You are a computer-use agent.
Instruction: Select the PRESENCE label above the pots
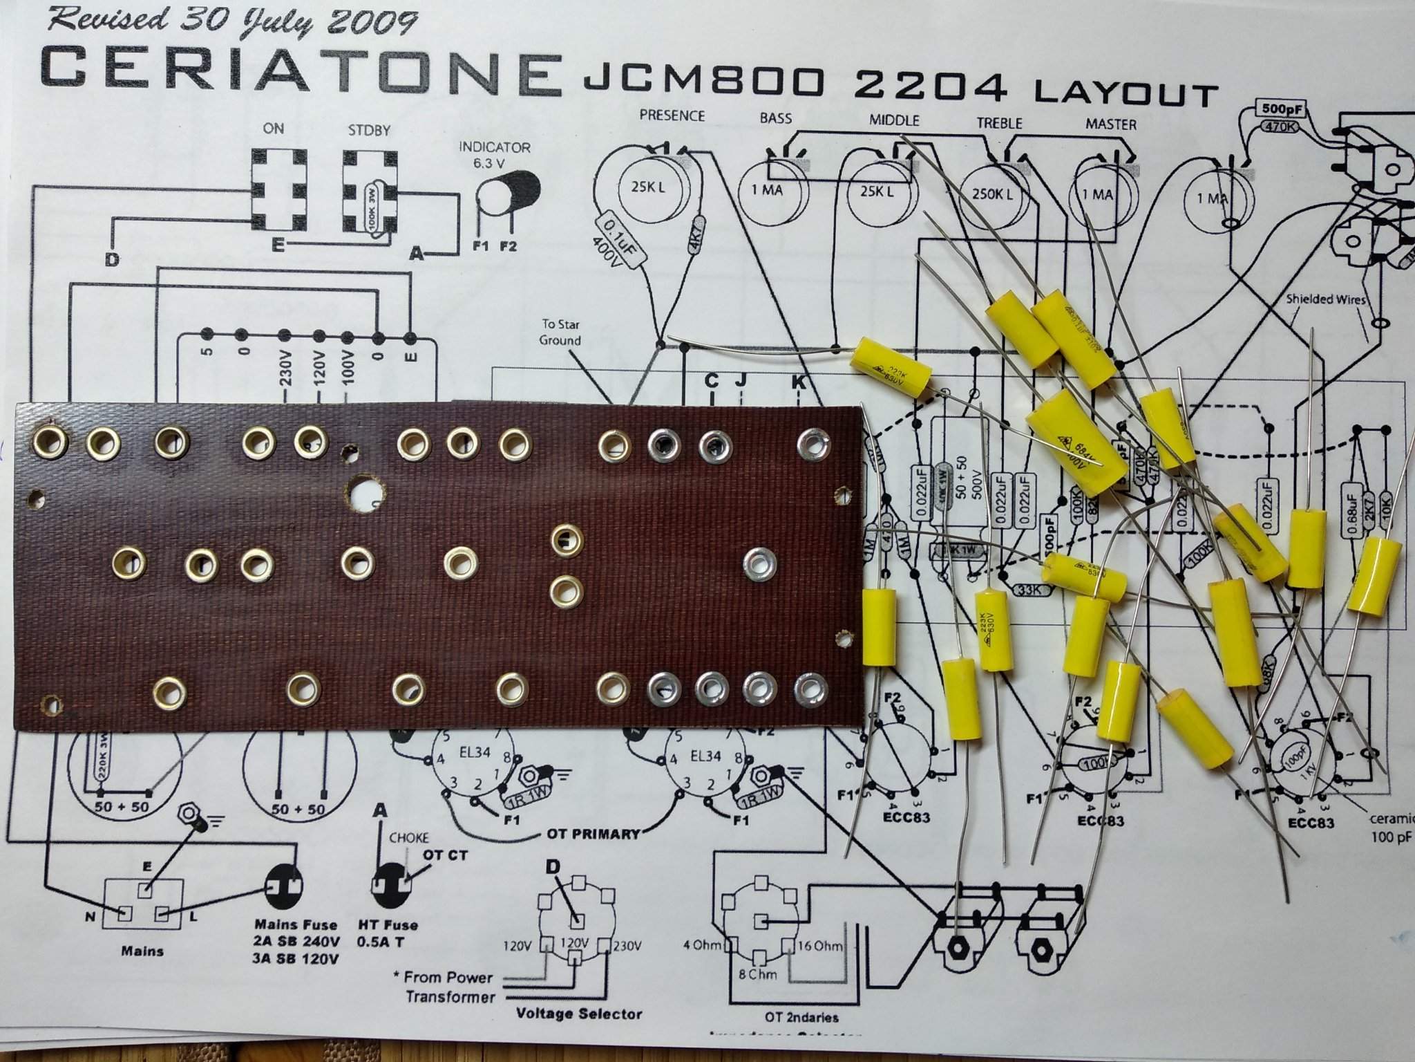tap(672, 115)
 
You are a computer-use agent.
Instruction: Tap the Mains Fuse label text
tap(296, 924)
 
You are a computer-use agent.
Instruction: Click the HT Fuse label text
tap(388, 924)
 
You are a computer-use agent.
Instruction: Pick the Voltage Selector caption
tap(578, 1014)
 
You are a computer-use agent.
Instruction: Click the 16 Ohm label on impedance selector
tap(819, 945)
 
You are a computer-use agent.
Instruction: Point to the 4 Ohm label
tap(702, 945)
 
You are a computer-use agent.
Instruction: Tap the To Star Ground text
tap(560, 332)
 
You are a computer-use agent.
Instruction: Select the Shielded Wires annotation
tap(1325, 299)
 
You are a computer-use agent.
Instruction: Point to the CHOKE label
tap(408, 837)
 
